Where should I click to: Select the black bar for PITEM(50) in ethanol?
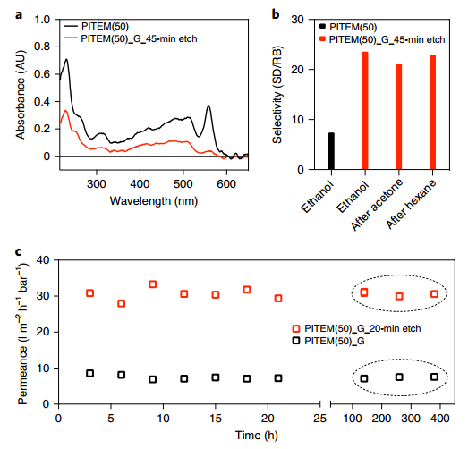[330, 151]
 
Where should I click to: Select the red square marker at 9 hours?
[153, 284]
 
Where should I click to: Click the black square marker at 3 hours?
[89, 373]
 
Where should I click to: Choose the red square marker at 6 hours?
[121, 303]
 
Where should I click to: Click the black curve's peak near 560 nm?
[208, 106]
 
